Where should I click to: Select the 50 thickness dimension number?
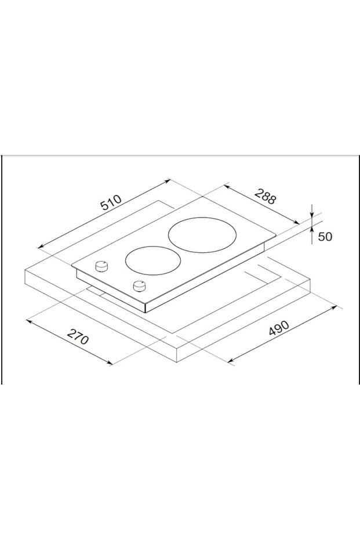pyautogui.click(x=325, y=237)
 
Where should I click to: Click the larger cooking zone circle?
pyautogui.click(x=203, y=235)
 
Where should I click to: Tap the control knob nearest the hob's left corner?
pyautogui.click(x=102, y=266)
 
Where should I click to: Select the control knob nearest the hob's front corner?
pyautogui.click(x=139, y=286)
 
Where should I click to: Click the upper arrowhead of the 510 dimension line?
pyautogui.click(x=169, y=180)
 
